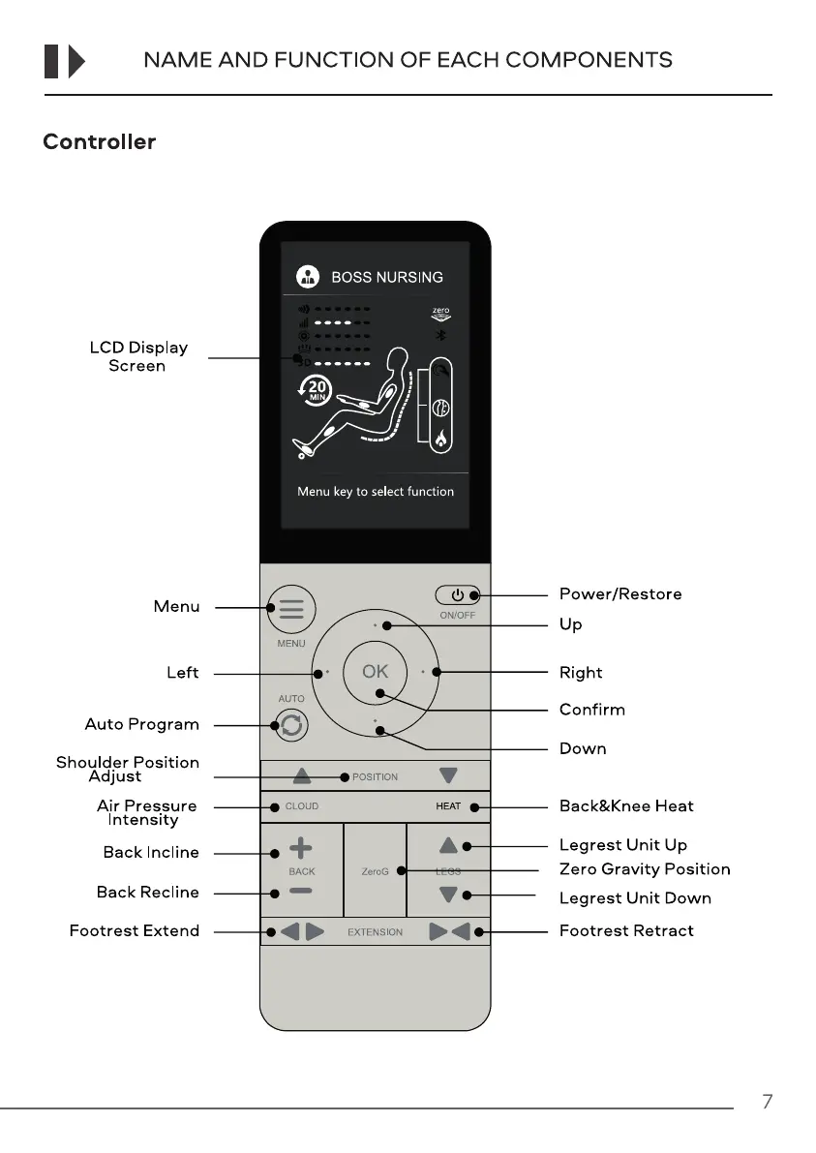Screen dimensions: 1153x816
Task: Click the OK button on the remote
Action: tap(376, 671)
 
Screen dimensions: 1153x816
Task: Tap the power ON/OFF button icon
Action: tap(458, 594)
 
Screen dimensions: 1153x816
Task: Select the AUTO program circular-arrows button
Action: tap(291, 725)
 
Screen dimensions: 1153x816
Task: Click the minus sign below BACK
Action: tap(301, 892)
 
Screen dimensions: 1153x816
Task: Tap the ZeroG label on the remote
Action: tap(375, 871)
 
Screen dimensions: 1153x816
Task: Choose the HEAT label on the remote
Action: tap(448, 806)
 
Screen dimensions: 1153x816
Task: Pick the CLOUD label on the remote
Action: tap(301, 806)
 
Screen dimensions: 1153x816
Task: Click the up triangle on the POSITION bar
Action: tap(303, 775)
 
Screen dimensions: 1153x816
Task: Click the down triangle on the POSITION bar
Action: tap(447, 775)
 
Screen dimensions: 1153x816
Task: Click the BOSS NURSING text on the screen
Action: tap(387, 277)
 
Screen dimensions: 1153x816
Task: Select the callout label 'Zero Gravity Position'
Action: tap(645, 869)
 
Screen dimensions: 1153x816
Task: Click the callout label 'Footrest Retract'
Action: tap(626, 931)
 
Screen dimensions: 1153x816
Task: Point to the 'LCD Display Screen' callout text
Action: tap(138, 356)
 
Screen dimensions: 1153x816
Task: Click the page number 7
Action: tap(767, 1102)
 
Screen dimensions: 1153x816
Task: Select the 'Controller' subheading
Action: tap(99, 142)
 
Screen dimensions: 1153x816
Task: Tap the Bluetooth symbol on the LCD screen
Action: tap(440, 334)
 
